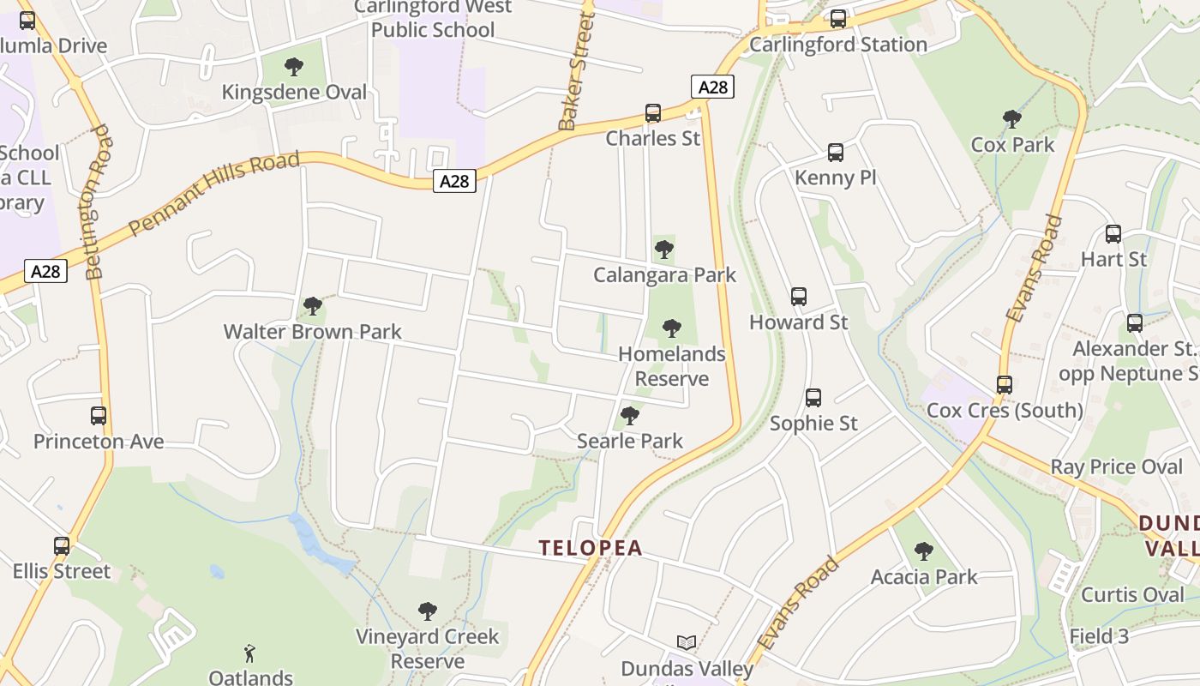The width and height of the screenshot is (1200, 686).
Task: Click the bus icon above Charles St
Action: (653, 113)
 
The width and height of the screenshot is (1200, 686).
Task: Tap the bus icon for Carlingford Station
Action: (838, 19)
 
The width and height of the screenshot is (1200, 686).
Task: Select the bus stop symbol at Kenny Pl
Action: (836, 153)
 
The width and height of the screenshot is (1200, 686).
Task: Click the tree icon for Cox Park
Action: (1011, 119)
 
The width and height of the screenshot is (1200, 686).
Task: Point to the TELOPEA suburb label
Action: (591, 548)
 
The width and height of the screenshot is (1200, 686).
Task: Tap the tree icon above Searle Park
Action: (630, 416)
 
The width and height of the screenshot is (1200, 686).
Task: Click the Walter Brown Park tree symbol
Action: (313, 306)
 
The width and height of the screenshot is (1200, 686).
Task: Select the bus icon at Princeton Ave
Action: (99, 417)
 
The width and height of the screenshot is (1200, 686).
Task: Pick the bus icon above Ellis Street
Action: (62, 546)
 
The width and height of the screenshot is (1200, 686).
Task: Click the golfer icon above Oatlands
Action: (249, 653)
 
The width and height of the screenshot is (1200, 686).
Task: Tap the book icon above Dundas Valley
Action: (687, 642)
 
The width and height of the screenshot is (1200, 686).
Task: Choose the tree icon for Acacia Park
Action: (923, 551)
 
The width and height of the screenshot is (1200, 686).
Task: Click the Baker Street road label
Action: (577, 71)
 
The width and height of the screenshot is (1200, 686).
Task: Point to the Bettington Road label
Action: (98, 202)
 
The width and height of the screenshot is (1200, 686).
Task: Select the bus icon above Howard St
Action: (799, 297)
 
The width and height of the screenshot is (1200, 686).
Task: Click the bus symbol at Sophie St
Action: (813, 398)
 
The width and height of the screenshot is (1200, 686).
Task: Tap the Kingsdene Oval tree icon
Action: (294, 67)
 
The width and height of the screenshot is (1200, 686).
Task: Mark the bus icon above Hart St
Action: (1113, 234)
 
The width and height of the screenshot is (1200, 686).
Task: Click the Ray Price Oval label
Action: (1116, 467)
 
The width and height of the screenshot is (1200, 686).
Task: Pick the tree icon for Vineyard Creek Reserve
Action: (428, 611)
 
